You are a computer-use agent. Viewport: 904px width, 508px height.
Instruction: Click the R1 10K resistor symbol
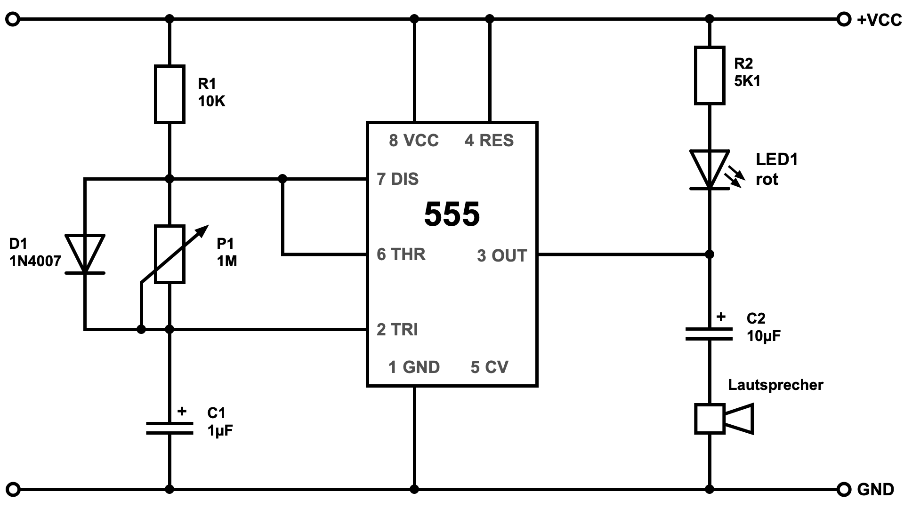click(x=169, y=95)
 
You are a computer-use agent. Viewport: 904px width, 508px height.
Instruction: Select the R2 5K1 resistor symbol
click(x=710, y=75)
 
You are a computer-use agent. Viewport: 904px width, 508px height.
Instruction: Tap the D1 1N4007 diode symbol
click(x=85, y=254)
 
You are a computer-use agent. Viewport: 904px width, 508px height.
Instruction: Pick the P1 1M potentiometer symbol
click(x=169, y=254)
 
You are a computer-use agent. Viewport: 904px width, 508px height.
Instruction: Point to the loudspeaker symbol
click(x=724, y=418)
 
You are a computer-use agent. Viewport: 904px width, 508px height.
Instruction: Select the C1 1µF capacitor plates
click(x=169, y=428)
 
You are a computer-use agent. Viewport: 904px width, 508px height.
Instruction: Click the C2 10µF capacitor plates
click(x=710, y=334)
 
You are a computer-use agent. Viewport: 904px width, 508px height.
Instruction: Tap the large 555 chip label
click(x=452, y=214)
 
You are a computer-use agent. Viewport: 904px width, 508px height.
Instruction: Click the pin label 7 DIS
click(x=398, y=179)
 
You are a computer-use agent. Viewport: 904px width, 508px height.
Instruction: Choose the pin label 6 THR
click(x=401, y=254)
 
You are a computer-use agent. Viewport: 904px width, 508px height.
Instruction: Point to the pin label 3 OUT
click(x=502, y=256)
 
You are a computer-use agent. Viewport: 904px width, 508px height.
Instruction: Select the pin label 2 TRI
click(x=397, y=330)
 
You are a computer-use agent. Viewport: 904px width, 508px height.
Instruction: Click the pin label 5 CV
click(x=490, y=367)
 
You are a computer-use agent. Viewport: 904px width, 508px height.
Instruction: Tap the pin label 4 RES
click(x=489, y=141)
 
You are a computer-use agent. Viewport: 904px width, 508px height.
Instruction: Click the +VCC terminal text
click(x=879, y=20)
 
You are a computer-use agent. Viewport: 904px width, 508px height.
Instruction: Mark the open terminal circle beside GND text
click(x=844, y=490)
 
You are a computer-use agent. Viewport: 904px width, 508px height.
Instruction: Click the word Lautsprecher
click(x=775, y=385)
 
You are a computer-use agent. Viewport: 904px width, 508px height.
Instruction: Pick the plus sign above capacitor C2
click(x=721, y=317)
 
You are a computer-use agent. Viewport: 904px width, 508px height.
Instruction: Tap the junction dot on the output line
click(x=710, y=254)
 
